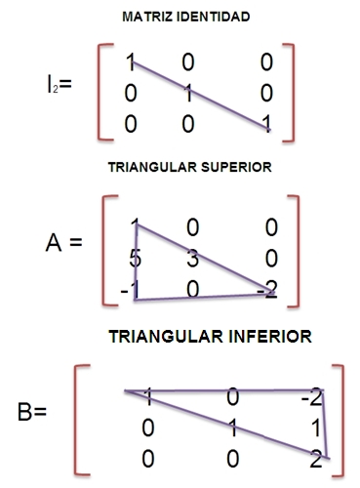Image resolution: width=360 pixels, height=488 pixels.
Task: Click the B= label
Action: point(32,411)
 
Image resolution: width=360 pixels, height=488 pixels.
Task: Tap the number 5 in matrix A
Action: point(136,260)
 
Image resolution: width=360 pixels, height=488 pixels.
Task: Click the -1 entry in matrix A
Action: point(130,289)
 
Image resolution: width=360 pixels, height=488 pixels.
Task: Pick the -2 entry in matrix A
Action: point(267,289)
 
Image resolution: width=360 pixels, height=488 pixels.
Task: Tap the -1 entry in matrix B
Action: point(144,396)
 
